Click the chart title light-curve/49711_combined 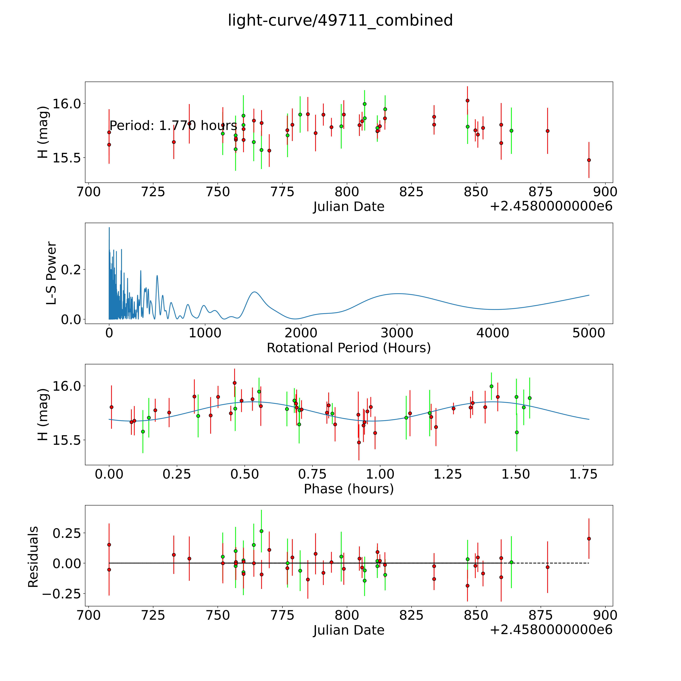point(340,20)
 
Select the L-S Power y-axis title point(51,273)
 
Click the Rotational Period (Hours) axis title point(349,348)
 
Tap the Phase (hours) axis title point(349,489)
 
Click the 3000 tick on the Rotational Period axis point(397,333)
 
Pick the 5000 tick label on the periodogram point(589,333)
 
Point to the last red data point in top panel point(589,160)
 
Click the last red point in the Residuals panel point(589,539)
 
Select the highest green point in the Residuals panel point(261,531)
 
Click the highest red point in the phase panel point(234,383)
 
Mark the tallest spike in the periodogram point(109,228)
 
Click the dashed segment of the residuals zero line point(550,563)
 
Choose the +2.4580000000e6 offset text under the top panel point(551,206)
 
